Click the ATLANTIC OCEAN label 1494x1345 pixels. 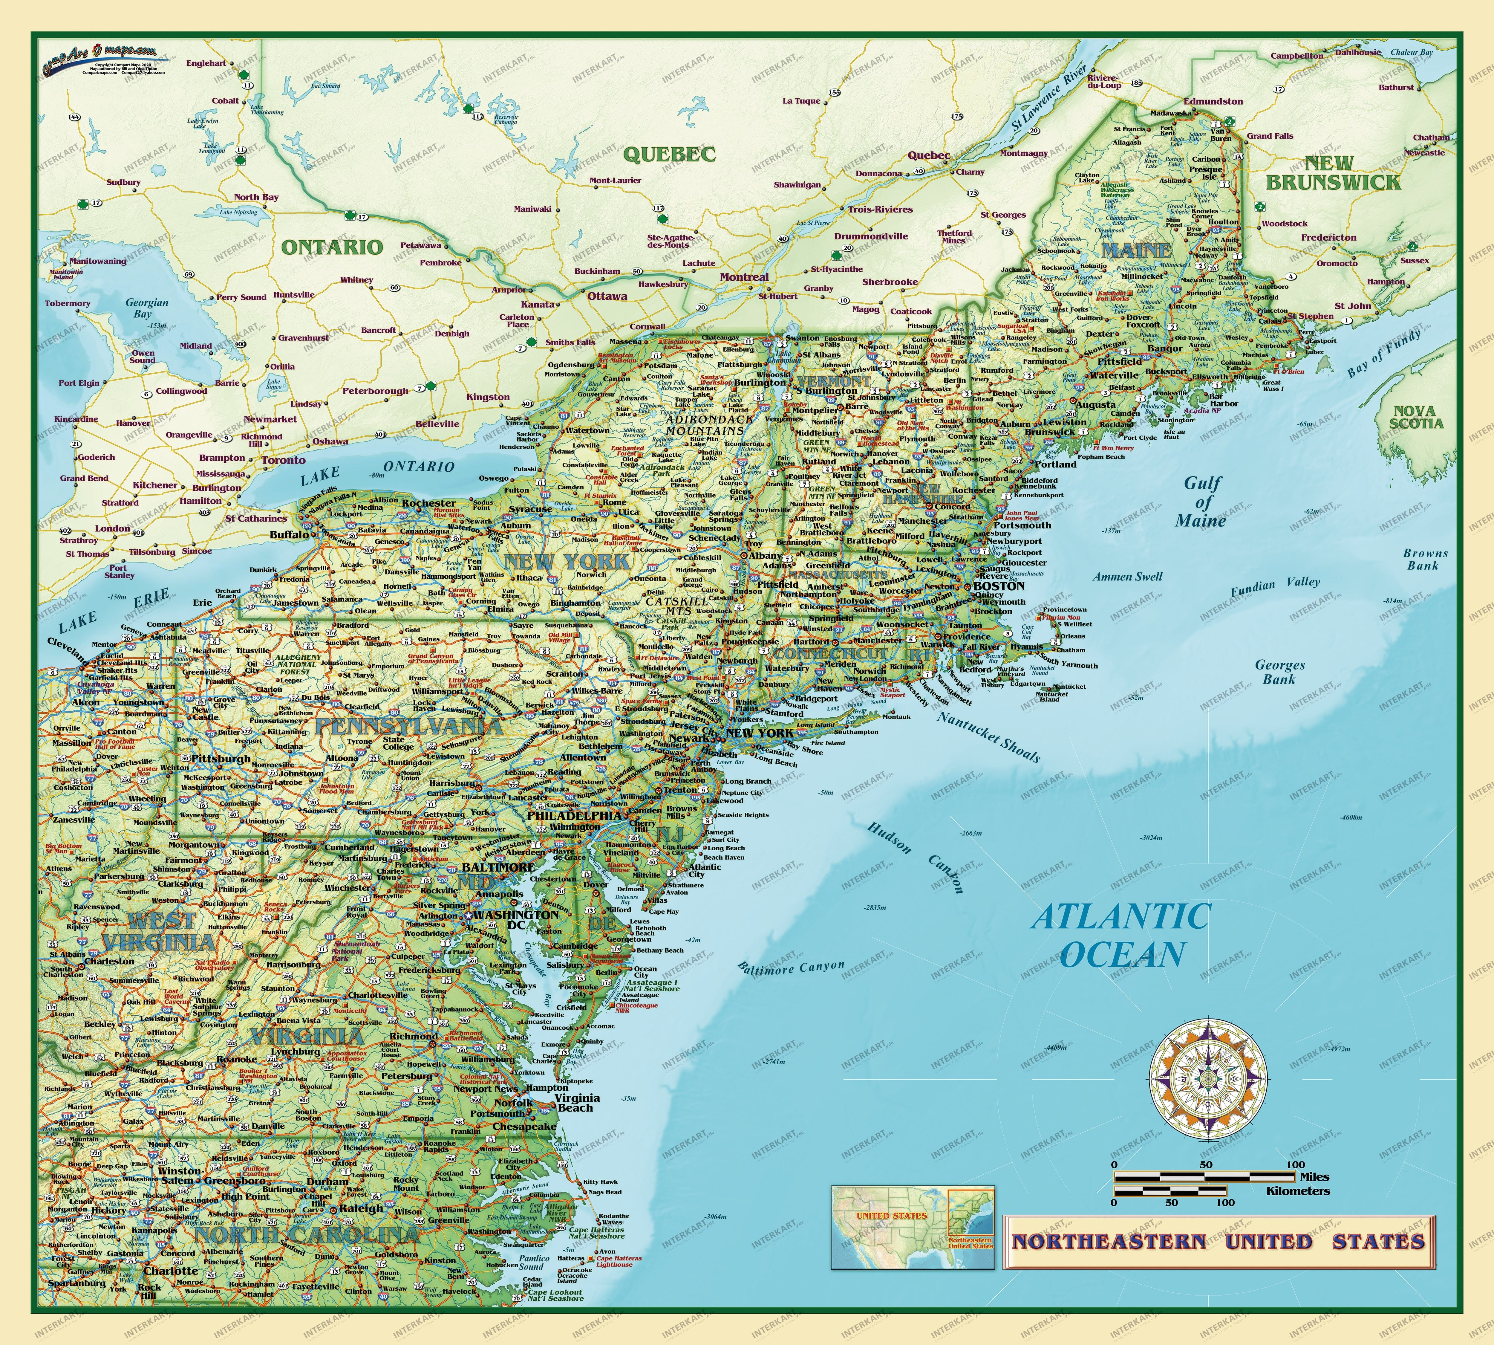[1121, 936]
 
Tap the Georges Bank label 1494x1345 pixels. [1280, 672]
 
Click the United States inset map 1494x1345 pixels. [913, 1228]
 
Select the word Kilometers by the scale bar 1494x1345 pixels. [1297, 1191]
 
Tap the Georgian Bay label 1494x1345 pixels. [146, 308]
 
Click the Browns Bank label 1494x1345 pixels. [1425, 560]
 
